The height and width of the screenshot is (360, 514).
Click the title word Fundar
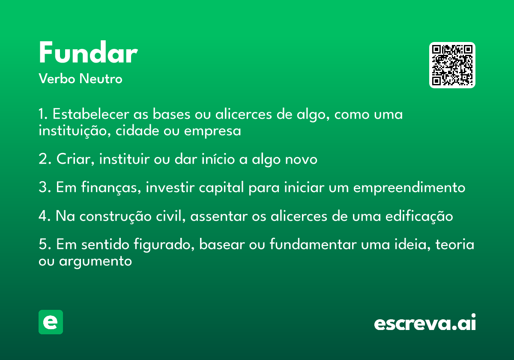[88, 52]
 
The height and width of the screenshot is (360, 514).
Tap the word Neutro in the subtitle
[101, 79]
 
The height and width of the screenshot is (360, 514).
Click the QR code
[452, 65]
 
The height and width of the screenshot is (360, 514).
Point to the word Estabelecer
[91, 114]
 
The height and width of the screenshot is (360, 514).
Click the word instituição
[75, 131]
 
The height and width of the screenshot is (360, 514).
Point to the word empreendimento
[409, 188]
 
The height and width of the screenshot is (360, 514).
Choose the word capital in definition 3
[221, 188]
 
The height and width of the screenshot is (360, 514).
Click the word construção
[115, 216]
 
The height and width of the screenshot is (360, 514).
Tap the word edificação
[419, 216]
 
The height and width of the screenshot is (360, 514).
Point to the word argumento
[96, 261]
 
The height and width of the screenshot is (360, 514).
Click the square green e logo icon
[51, 322]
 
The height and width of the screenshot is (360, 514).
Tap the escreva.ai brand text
[425, 322]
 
